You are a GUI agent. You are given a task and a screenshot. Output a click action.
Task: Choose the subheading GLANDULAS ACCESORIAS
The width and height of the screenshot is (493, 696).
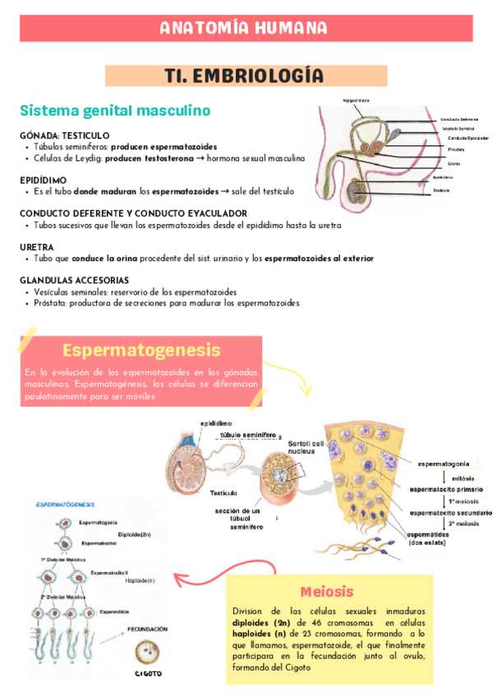point(75,280)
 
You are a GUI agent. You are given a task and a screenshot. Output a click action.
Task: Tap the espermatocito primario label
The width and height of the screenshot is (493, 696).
point(446,489)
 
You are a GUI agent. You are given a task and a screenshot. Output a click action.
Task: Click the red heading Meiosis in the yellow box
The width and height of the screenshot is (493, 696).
point(327,591)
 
